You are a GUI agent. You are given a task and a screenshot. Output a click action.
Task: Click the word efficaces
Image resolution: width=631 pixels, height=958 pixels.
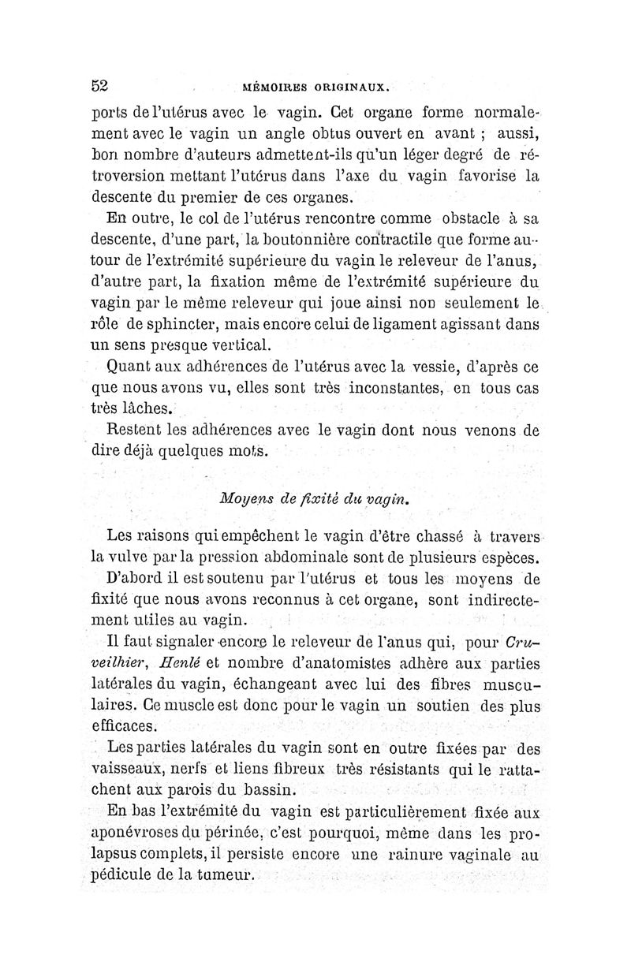point(125,725)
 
